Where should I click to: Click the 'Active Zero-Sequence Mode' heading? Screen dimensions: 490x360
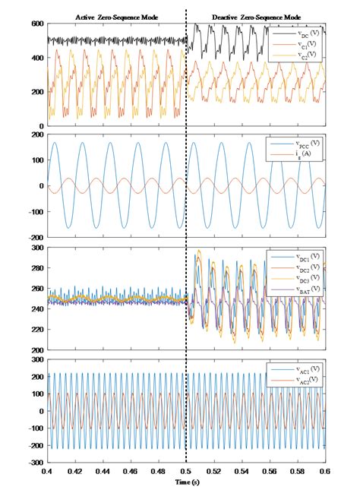pyautogui.click(x=115, y=16)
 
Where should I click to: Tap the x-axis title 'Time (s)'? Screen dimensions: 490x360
pyautogui.click(x=186, y=482)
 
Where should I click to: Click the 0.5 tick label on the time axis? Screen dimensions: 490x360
pyautogui.click(x=186, y=473)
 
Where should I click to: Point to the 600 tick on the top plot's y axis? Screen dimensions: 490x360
pyautogui.click(x=36, y=24)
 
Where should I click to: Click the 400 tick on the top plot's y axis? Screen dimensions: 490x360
pyautogui.click(x=36, y=58)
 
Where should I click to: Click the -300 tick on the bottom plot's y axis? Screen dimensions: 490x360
pyautogui.click(x=33, y=463)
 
